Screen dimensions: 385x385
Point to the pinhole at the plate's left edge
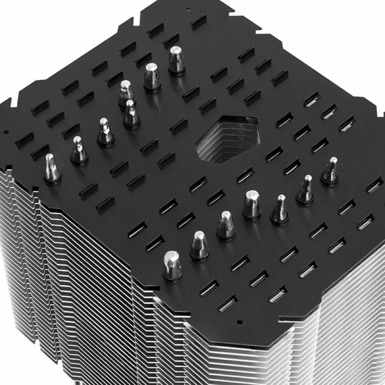pos(6,132)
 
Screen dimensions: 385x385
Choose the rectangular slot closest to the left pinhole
pos(24,139)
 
